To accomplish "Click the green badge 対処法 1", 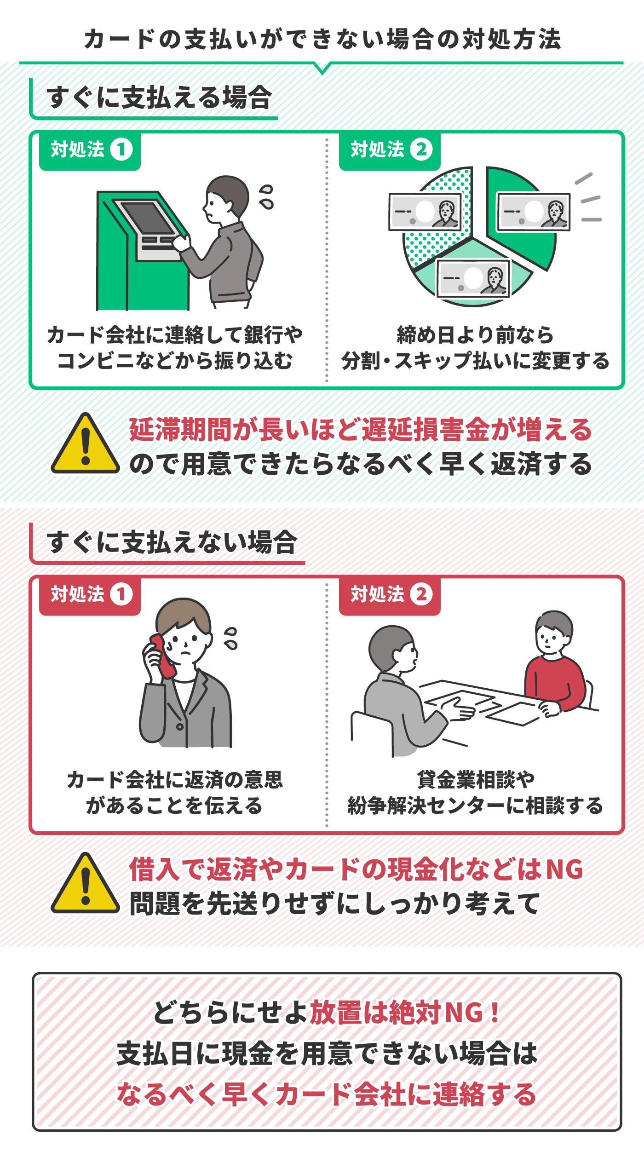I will point(90,150).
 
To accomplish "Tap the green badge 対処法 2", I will point(390,150).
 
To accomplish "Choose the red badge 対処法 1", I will point(90,594).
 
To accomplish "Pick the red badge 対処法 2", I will point(390,594).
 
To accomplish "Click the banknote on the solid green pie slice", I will point(534,212).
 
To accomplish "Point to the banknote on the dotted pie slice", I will point(425,212).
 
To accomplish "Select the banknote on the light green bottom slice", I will point(473,278).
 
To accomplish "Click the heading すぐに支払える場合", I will point(159,98).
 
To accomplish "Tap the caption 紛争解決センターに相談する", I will point(475,806).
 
